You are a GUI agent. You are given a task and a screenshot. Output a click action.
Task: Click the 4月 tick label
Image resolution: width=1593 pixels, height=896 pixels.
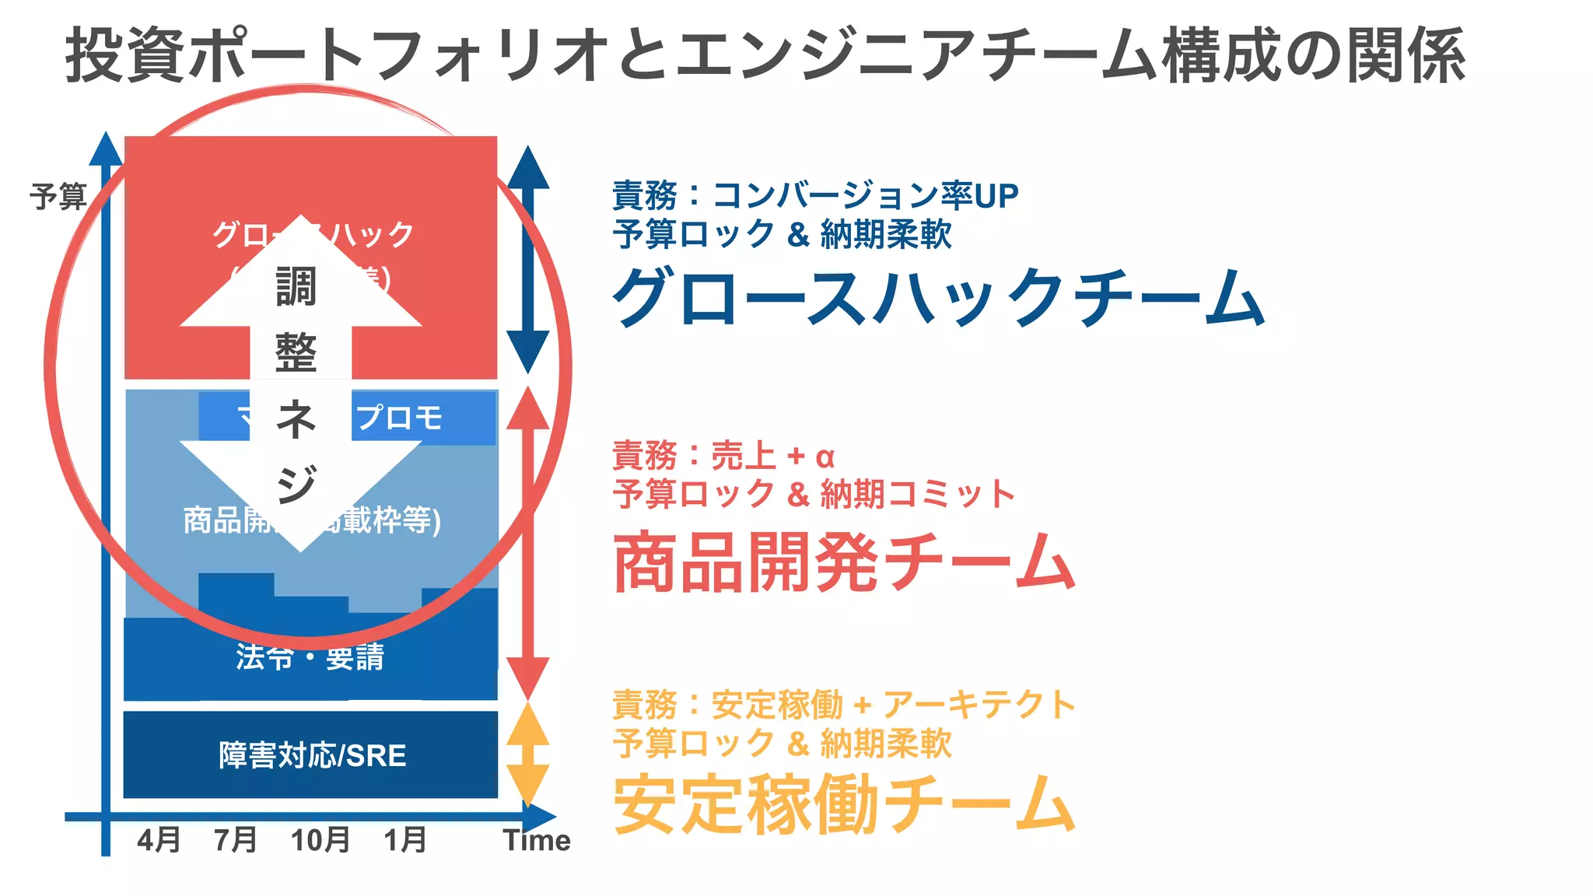coord(159,840)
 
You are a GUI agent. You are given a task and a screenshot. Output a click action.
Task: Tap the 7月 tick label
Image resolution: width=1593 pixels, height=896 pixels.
coord(236,840)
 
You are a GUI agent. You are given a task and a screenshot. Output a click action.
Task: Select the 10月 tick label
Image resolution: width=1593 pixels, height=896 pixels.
coord(320,840)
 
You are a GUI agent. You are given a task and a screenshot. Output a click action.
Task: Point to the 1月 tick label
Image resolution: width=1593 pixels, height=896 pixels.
coord(405,840)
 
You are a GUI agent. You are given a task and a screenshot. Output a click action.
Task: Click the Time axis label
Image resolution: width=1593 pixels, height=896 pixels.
coord(537,840)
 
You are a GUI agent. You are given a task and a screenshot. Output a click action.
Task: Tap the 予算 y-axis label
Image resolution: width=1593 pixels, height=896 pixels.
coord(58,197)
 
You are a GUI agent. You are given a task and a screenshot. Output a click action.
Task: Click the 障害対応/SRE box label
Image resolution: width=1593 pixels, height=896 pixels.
coord(312,755)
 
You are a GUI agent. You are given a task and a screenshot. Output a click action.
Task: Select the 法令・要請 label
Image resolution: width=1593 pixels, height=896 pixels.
coord(310,657)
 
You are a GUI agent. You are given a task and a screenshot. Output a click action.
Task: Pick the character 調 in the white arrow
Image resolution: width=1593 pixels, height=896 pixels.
coord(296,287)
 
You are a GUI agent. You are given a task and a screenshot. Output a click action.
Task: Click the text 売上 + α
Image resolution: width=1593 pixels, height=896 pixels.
coord(772,456)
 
